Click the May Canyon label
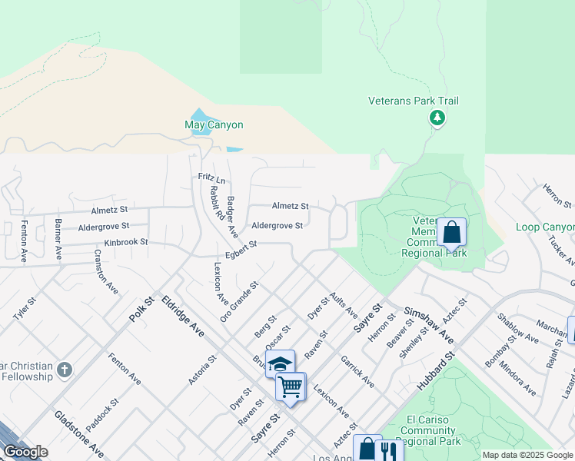pos(214,124)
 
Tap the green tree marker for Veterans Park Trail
pos(437,118)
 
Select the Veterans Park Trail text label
pos(424,101)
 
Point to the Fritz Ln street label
pos(212,178)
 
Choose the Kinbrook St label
pos(125,242)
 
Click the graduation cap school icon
pos(281,363)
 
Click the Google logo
pos(25,452)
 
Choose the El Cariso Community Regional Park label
pos(422,430)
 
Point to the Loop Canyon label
pos(545,227)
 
